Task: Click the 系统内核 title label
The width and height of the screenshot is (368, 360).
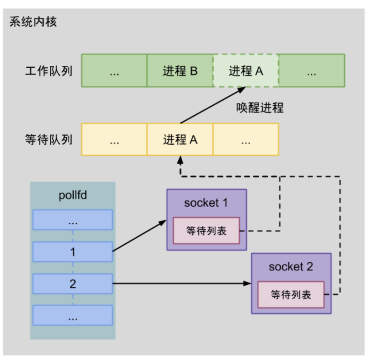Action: [x=33, y=22]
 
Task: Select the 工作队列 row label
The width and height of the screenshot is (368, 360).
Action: [x=49, y=71]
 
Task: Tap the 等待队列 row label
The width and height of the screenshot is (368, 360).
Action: [x=49, y=140]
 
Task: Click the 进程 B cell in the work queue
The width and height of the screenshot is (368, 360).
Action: [x=180, y=71]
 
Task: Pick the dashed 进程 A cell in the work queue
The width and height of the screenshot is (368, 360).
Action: [x=246, y=71]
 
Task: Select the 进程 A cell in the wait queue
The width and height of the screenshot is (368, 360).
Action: [x=180, y=140]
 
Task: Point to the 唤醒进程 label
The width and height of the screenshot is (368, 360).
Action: [x=260, y=108]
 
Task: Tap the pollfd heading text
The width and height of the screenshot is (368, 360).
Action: [x=73, y=195]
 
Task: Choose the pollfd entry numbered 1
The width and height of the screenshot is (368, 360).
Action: [x=73, y=252]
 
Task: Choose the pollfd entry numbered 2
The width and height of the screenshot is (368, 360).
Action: [x=73, y=284]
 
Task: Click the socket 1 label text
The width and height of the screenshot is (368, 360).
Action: [x=206, y=203]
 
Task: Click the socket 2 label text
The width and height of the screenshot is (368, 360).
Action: [x=291, y=267]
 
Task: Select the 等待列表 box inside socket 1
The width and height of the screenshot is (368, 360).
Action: [x=206, y=231]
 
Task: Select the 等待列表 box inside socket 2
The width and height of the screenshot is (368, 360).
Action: [x=291, y=295]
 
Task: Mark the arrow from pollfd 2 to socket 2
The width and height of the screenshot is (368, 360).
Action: [x=181, y=283]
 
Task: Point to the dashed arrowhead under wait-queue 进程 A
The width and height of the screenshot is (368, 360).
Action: [x=180, y=160]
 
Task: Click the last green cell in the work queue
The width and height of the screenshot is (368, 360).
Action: [x=312, y=71]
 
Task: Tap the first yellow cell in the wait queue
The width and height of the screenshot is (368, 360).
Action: [x=114, y=140]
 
